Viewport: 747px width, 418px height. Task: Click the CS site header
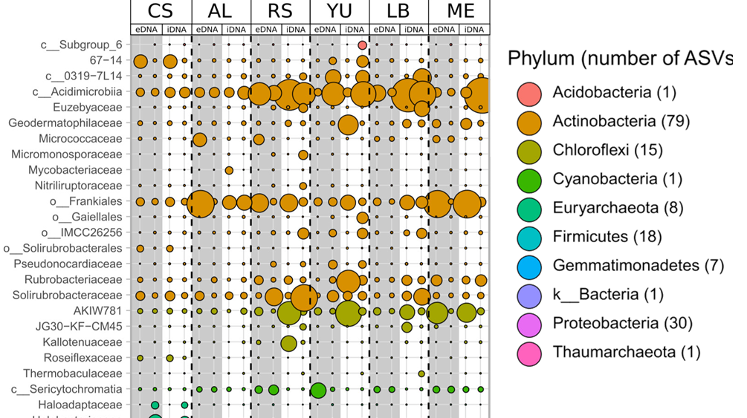[x=161, y=11]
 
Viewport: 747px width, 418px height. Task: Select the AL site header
[x=220, y=11]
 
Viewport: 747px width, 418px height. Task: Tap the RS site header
[x=280, y=11]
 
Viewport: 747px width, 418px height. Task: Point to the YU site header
[x=340, y=11]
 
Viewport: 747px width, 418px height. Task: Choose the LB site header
[x=399, y=11]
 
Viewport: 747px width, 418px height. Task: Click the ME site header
[x=459, y=11]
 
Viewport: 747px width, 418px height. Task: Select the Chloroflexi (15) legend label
[x=607, y=150]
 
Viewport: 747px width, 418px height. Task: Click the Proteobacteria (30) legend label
[x=622, y=323]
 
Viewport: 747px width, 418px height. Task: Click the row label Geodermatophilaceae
[x=65, y=123]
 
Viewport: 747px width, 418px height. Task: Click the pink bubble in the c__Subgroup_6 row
[x=362, y=45]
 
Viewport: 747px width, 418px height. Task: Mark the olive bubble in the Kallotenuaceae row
[x=288, y=343]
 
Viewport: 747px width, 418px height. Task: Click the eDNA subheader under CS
[x=146, y=30]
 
